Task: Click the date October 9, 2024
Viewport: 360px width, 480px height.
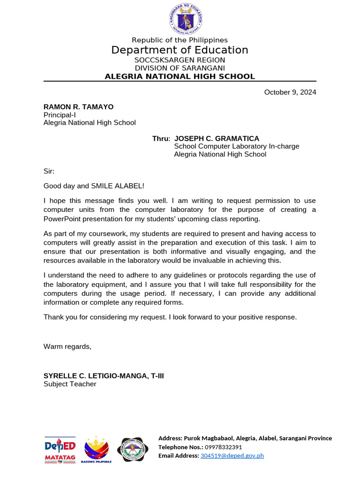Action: (x=290, y=92)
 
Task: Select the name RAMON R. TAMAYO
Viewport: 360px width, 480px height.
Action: (x=78, y=107)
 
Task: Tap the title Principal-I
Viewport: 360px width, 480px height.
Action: (x=60, y=115)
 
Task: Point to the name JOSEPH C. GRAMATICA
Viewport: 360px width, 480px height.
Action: (x=217, y=139)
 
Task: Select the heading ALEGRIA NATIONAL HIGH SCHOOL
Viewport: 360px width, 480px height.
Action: (x=180, y=76)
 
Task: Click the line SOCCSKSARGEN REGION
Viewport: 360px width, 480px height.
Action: (x=180, y=60)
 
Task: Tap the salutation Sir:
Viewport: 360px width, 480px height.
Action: (x=49, y=172)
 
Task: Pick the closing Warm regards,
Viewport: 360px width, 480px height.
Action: (x=67, y=346)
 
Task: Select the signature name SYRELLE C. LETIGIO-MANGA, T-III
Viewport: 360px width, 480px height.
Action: (x=104, y=376)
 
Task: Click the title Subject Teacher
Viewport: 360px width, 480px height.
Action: (x=70, y=384)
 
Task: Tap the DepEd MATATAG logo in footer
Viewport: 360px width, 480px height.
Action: (x=60, y=450)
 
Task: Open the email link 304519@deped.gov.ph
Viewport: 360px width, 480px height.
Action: (x=232, y=456)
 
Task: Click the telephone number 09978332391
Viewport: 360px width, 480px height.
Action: (x=220, y=447)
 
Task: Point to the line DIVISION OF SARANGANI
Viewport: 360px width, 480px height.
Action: (x=180, y=68)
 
